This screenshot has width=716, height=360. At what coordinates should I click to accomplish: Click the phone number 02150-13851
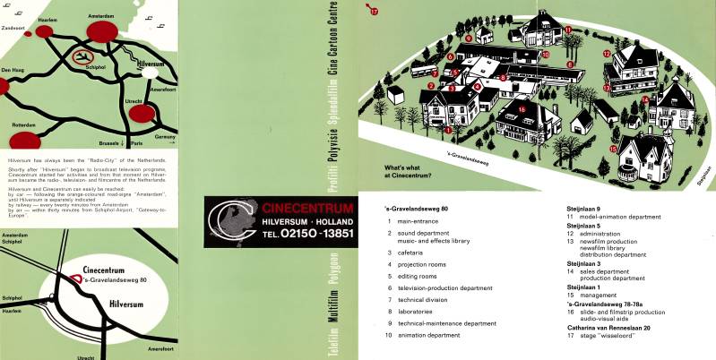[x=292, y=233]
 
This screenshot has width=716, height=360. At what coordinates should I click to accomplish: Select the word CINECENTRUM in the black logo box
[x=293, y=207]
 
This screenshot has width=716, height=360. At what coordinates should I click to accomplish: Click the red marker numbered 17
[x=375, y=11]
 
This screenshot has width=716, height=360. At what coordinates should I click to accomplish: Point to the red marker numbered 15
[x=614, y=149]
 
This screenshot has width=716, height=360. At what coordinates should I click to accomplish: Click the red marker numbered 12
[x=607, y=54]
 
